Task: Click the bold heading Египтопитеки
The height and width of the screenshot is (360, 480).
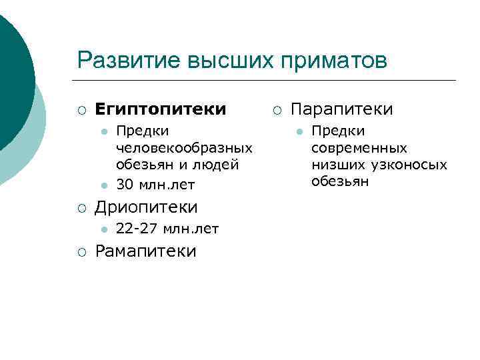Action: (161, 108)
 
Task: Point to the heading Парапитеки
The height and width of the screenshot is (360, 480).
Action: (343, 108)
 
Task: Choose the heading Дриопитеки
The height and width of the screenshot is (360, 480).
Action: (146, 207)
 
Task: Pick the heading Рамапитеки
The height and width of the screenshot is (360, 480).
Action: (146, 251)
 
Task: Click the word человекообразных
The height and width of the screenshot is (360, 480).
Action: (184, 147)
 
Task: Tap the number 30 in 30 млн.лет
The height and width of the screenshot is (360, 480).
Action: (124, 183)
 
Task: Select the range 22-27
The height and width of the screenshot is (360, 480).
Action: (136, 230)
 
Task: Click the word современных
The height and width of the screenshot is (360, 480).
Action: (359, 147)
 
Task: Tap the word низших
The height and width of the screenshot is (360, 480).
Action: (331, 165)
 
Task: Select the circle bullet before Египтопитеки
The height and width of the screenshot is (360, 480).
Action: (81, 109)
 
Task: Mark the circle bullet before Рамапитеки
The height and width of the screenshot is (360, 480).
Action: (81, 252)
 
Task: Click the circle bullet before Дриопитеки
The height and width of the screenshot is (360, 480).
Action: (81, 208)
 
